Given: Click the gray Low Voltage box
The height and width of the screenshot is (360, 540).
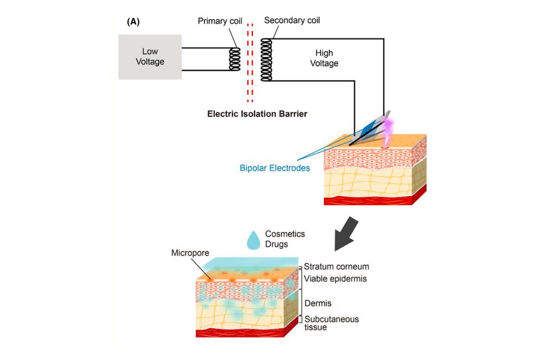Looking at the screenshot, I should tap(150, 57).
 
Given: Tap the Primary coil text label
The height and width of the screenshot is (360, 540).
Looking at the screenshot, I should tap(220, 22).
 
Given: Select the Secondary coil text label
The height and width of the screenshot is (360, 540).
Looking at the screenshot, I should tap(292, 21).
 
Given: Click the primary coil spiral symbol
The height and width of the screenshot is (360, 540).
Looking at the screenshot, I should tap(234, 59).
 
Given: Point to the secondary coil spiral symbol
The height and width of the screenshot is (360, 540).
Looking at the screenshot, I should tap(267, 59).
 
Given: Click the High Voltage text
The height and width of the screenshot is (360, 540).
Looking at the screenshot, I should tap(324, 58).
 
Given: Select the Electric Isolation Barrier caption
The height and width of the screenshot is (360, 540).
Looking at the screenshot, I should tap(257, 114).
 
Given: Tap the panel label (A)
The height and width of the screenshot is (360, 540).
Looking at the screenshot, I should tap(133, 22).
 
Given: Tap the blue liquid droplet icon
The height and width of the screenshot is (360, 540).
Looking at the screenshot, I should tap(254, 239).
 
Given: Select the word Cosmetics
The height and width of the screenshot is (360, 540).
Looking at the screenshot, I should tap(285, 234).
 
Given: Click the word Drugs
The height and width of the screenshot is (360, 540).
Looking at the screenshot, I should tap(277, 244).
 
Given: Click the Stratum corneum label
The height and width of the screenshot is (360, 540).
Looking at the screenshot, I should tap(337, 266).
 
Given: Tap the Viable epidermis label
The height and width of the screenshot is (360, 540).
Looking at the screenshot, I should tap(335, 279).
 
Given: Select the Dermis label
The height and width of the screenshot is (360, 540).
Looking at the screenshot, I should tap(318, 303).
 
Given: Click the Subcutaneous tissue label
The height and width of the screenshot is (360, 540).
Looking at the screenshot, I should tap(332, 323).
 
